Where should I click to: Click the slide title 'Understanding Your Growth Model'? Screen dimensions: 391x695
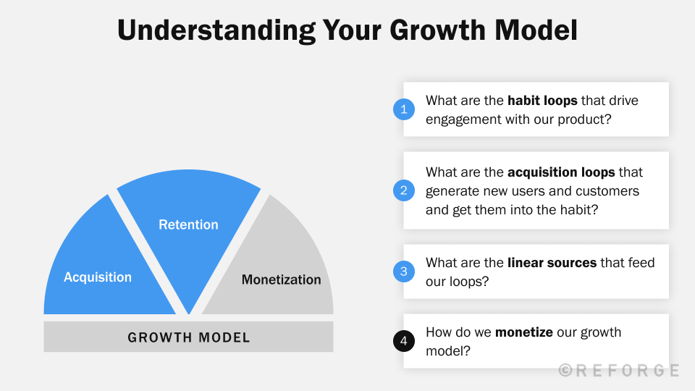[x=347, y=30]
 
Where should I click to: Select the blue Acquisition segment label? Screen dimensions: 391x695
[x=98, y=277]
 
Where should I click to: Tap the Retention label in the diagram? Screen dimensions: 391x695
[x=188, y=224]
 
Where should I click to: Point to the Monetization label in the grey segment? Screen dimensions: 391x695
[x=281, y=279]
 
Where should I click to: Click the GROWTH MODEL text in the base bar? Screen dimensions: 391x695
[x=189, y=337]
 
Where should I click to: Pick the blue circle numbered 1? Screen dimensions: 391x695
[x=403, y=109]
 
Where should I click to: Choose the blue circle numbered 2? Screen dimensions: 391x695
[x=403, y=190]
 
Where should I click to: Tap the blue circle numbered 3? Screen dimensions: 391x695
[x=403, y=272]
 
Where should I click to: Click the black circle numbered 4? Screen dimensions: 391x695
[x=403, y=341]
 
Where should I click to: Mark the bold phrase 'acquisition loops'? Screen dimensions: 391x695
[x=561, y=172]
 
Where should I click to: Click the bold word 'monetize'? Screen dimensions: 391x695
[x=524, y=332]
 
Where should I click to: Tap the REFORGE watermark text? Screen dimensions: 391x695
[x=627, y=370]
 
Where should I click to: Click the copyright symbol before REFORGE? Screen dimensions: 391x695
[x=565, y=370]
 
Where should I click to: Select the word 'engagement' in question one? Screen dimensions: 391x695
[x=460, y=119]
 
